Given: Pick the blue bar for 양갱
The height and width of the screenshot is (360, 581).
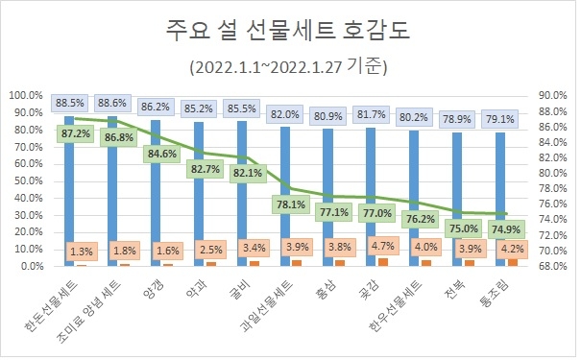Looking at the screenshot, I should pos(156,192).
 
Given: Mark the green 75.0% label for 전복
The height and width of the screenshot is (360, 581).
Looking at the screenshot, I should pos(466,228).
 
